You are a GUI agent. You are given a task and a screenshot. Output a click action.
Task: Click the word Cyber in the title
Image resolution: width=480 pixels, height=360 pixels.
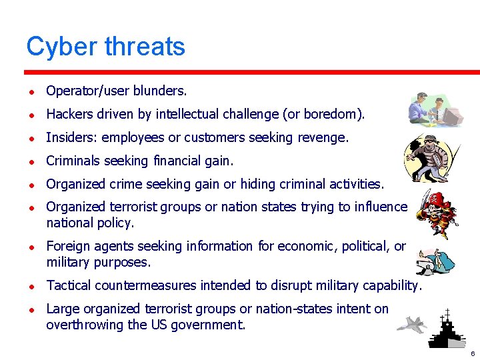coord(61,47)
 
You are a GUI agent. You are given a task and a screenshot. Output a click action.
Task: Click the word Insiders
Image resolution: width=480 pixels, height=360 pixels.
coord(68,138)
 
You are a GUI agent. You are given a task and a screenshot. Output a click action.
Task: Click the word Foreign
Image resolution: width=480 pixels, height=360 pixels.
coord(68,246)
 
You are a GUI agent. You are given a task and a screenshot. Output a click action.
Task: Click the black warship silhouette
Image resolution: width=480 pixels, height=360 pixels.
coord(446,330)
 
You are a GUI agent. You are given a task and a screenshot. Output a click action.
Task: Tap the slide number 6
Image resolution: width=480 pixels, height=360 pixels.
coord(472,353)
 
